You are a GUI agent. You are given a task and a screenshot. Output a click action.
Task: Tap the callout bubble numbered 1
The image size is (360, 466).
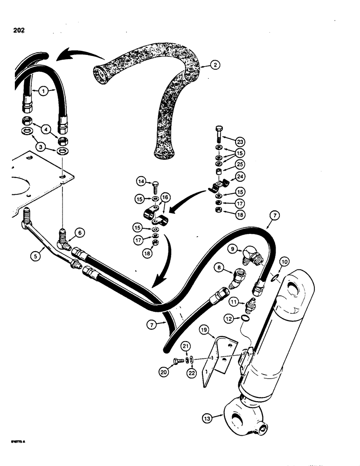click(x=42, y=92)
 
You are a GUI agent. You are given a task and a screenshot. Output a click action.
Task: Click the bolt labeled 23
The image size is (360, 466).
click(x=219, y=133)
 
